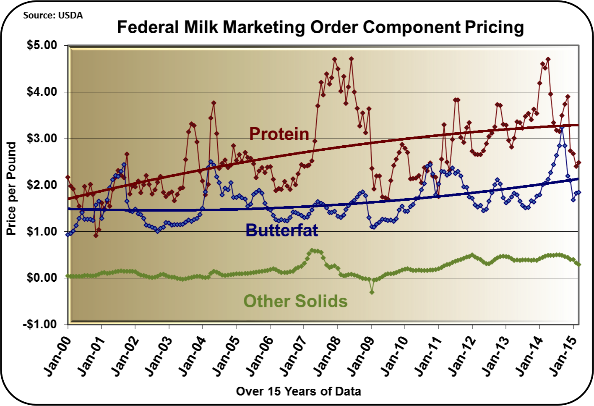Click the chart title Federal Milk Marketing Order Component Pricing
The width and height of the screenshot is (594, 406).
320,27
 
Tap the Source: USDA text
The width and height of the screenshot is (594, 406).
53,16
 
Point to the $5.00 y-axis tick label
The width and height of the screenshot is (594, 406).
42,45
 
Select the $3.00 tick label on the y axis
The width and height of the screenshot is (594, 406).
42,139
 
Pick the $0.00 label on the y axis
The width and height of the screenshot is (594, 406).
42,278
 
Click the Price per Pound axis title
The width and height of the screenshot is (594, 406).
11,189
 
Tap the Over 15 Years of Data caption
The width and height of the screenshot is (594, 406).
298,391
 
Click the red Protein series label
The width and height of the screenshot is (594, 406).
279,134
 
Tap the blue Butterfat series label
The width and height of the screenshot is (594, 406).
281,230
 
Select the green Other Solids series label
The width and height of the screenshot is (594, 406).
295,301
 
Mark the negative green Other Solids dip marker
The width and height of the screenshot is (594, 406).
372,292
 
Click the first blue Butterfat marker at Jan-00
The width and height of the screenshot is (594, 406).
68,234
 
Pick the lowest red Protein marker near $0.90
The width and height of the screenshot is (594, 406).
96,235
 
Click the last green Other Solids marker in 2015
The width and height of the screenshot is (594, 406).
579,264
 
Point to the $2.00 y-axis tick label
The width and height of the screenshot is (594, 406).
42,185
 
